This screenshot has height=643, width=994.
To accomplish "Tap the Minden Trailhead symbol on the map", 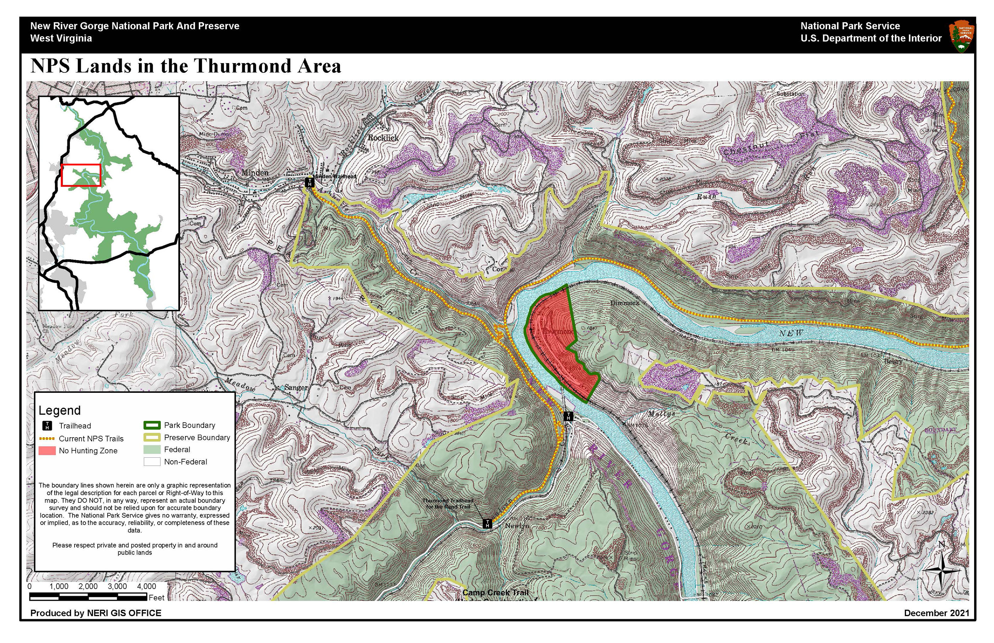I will click(310, 182).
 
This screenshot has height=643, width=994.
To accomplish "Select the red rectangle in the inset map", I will click(81, 175).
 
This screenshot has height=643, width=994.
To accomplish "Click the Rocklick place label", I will click(383, 137).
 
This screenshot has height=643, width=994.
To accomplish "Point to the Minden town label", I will click(255, 172).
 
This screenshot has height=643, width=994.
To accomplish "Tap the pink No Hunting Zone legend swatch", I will click(47, 451).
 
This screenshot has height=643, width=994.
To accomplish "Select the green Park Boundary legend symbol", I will click(152, 425).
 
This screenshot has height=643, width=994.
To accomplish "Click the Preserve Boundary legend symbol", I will click(152, 438).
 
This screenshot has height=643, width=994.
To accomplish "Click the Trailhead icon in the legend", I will click(48, 426).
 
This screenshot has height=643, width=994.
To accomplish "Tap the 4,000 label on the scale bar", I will click(146, 586).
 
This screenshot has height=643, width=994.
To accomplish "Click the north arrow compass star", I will click(941, 570).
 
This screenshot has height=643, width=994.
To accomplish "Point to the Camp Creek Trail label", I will click(495, 593).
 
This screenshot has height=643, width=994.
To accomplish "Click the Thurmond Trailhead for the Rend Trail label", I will click(448, 504).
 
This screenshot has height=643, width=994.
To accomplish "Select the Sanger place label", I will click(296, 388).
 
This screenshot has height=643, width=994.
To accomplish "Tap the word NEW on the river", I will click(791, 333).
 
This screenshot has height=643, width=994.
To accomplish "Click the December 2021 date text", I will click(936, 613).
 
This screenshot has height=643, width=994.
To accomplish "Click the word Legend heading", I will click(60, 411).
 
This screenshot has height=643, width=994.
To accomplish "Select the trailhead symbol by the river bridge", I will click(568, 416).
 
